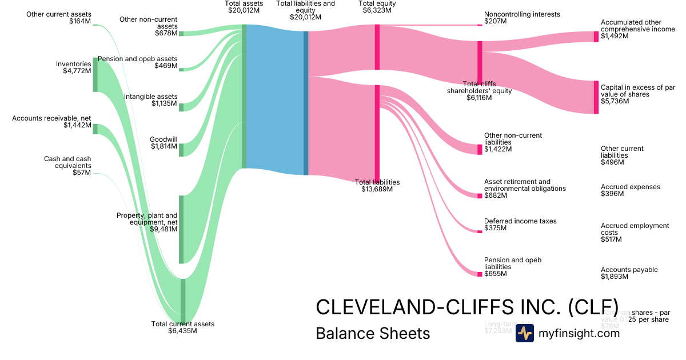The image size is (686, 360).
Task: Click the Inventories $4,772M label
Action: point(73,67)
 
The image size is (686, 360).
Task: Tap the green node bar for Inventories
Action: point(95,75)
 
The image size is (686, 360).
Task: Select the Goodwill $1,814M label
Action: point(163,143)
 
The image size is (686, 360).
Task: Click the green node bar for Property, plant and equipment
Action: point(181,229)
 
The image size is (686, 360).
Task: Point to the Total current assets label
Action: point(182,327)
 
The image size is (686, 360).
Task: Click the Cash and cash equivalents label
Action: point(67,165)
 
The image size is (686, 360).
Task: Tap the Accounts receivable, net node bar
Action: point(95,129)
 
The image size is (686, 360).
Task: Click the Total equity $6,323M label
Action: point(377,7)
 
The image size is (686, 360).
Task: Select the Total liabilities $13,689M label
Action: point(377,185)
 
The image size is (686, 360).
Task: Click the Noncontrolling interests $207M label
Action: point(522,18)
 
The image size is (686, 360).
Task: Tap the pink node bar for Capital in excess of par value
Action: point(596,97)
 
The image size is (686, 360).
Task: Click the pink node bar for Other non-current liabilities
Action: point(480,149)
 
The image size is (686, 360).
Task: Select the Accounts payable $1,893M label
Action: point(629,273)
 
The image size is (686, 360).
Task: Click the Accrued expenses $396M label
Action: point(630,190)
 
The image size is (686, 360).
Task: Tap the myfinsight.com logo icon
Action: point(524,333)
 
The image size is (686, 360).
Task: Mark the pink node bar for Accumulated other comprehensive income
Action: point(596,37)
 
